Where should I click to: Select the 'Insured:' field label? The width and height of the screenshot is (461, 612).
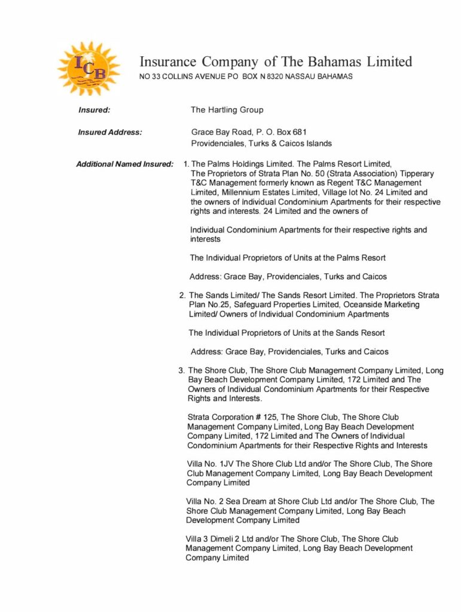coord(94,110)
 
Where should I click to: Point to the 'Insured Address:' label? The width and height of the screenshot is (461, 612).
coord(110,132)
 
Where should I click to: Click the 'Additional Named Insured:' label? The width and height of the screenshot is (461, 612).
coord(125,164)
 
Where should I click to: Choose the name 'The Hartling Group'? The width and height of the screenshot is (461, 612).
coord(227,110)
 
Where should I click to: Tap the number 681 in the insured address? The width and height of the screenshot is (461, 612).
coord(300,132)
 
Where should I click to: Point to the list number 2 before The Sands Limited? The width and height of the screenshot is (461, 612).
coord(182,295)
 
